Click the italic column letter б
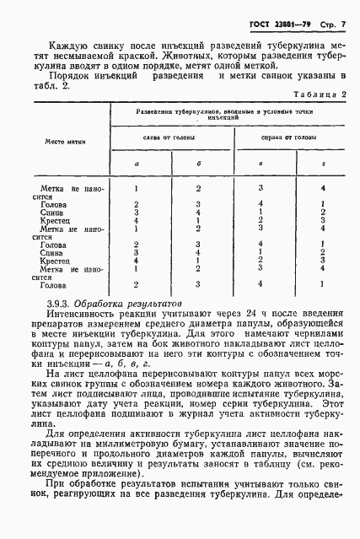(198, 163)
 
